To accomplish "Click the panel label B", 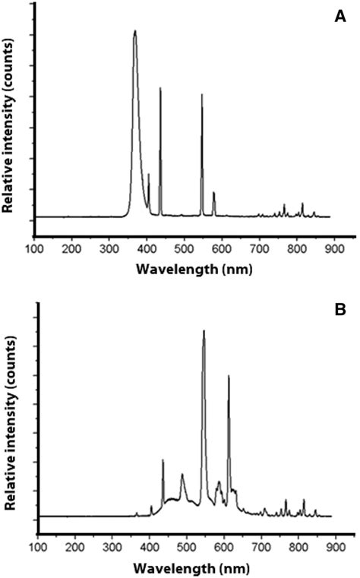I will tap(340, 310).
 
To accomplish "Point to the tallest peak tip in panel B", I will tap(204, 330).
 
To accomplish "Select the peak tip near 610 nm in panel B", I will tap(228, 376).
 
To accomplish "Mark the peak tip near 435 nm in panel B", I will tap(163, 460).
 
